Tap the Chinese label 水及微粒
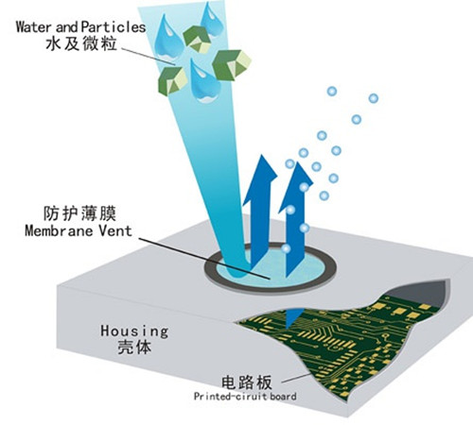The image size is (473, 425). pyautogui.click(x=81, y=43)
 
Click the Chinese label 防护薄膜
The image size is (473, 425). pyautogui.click(x=79, y=213)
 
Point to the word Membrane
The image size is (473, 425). pyautogui.click(x=59, y=230)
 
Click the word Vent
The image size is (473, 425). pyautogui.click(x=115, y=230)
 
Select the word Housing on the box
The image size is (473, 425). pyautogui.click(x=134, y=331)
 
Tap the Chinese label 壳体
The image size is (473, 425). pyautogui.click(x=134, y=348)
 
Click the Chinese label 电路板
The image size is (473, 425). pyautogui.click(x=246, y=382)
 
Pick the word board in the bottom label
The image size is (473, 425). pyautogui.click(x=280, y=396)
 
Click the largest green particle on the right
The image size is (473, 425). pyautogui.click(x=232, y=64)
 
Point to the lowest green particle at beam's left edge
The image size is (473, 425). pyautogui.click(x=172, y=81)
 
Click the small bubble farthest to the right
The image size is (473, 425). pyautogui.click(x=374, y=98)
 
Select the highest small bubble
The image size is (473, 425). pyautogui.click(x=332, y=92)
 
